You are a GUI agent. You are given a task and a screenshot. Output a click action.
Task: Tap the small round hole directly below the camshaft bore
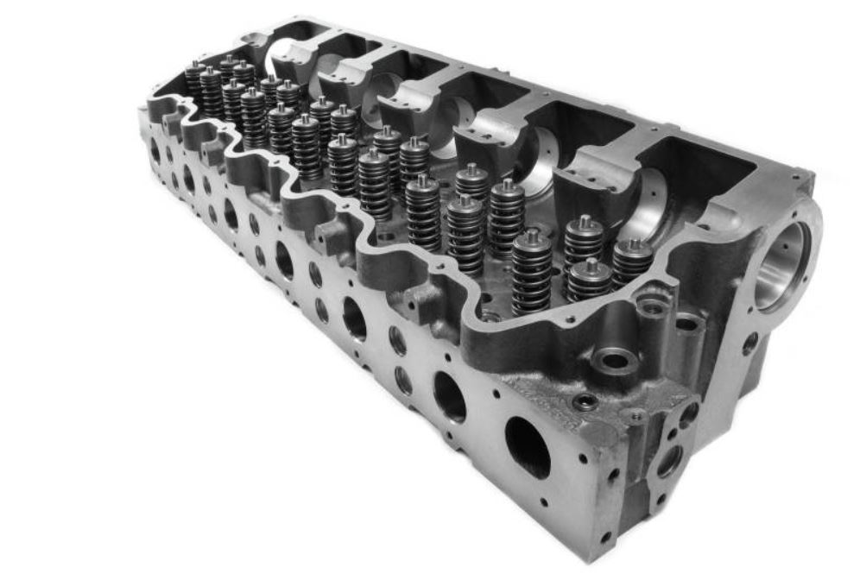749,343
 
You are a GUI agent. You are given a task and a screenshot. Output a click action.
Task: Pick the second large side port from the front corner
450,395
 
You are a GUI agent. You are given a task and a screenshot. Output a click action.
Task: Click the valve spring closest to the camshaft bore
632,260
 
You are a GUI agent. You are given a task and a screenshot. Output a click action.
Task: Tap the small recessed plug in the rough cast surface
587,401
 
